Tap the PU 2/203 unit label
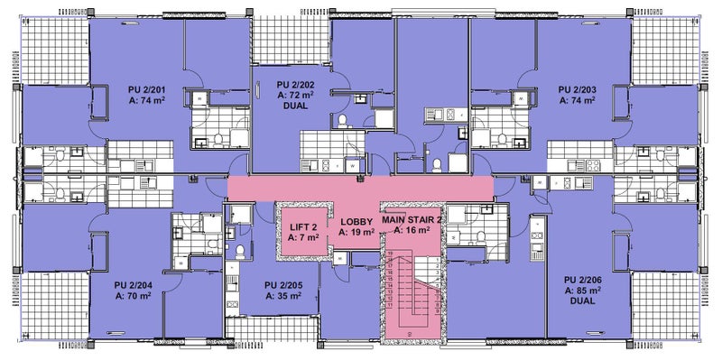point(578,89)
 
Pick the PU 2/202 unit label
point(295,83)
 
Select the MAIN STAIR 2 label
point(412,220)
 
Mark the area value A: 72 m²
point(295,94)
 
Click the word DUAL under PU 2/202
point(295,106)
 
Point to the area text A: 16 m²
point(412,232)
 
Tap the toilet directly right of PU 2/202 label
point(343,120)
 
